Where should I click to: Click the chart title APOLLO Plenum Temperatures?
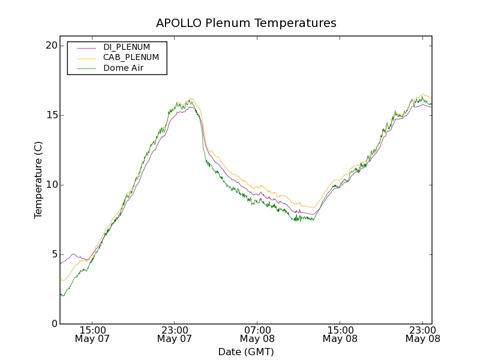246,23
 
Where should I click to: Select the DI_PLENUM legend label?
127,47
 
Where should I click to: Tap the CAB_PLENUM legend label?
131,58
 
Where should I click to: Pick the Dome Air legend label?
124,68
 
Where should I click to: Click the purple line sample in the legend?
86,47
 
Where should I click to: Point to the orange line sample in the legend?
86,58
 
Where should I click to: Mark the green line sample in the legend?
86,68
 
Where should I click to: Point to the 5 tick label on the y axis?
53,254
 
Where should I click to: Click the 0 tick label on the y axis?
53,324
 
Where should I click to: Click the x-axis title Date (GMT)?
246,352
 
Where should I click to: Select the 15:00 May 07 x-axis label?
92,334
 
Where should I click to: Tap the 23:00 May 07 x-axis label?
175,334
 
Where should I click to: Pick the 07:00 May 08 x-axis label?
257,334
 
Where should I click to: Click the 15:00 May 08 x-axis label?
340,334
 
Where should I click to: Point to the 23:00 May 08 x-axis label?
422,334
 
